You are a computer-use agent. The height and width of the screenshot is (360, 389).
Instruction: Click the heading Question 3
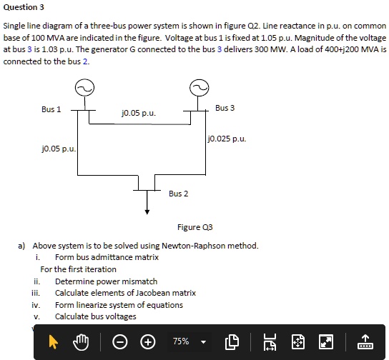click(x=24, y=7)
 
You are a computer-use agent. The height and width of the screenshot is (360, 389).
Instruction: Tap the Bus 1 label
click(x=51, y=109)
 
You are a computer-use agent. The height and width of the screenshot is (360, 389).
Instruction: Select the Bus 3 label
click(x=225, y=108)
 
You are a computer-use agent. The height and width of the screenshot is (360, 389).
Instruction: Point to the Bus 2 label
click(x=179, y=194)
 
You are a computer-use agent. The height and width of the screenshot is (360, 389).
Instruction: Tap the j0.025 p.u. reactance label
click(x=227, y=139)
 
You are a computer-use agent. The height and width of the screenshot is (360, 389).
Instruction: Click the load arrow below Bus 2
click(x=147, y=206)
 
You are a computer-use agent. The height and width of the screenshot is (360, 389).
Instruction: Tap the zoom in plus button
click(x=147, y=341)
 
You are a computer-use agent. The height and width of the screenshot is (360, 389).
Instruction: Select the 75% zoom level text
click(x=180, y=341)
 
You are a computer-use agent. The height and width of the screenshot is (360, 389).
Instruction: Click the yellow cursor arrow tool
click(x=53, y=341)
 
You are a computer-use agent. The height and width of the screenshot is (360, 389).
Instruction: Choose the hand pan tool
click(x=82, y=341)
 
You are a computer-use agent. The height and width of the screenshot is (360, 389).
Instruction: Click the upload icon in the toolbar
click(x=363, y=341)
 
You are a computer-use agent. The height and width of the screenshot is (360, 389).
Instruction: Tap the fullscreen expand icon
click(x=325, y=341)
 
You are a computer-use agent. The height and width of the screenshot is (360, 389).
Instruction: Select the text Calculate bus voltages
click(x=95, y=316)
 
